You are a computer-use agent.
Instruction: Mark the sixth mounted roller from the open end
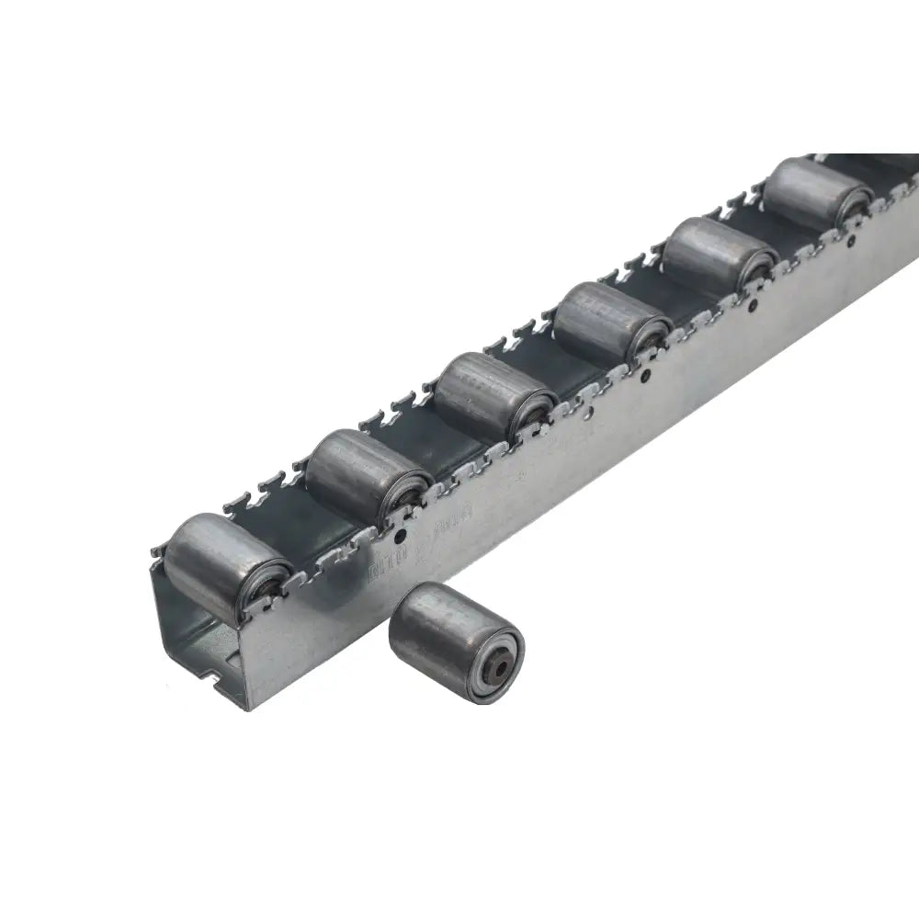click(x=814, y=197)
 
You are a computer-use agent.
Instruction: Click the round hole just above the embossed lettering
click(x=402, y=532)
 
